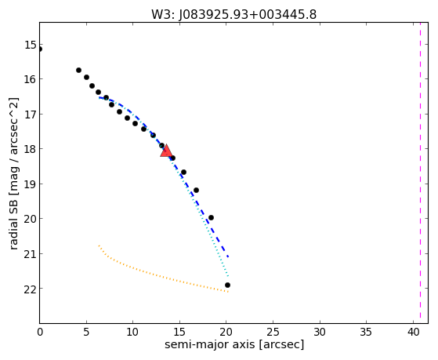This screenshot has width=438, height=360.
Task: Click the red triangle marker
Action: (x=166, y=151)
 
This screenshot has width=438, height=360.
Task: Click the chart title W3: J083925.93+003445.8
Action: (x=233, y=15)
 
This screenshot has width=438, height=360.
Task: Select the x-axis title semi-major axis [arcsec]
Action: (x=234, y=344)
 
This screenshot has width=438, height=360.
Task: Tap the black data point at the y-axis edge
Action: (x=40, y=49)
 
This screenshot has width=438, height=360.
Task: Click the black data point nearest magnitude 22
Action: (x=227, y=285)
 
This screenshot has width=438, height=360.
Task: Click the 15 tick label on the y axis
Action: (x=31, y=45)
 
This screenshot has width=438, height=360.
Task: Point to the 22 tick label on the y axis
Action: (x=31, y=289)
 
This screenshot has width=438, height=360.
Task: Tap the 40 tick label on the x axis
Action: (x=413, y=333)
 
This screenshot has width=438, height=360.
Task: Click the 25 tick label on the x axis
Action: (x=273, y=333)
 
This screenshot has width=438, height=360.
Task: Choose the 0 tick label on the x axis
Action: (x=40, y=333)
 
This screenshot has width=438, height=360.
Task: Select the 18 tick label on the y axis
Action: (x=31, y=149)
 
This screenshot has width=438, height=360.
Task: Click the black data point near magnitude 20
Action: (x=211, y=217)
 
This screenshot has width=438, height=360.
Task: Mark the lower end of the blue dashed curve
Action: (x=228, y=256)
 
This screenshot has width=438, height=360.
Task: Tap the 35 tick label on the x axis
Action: (x=366, y=333)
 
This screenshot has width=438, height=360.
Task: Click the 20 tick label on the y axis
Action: (x=31, y=220)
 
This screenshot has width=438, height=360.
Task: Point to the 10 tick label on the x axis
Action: (x=132, y=333)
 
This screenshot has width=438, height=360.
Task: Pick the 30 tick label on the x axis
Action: (x=320, y=333)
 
